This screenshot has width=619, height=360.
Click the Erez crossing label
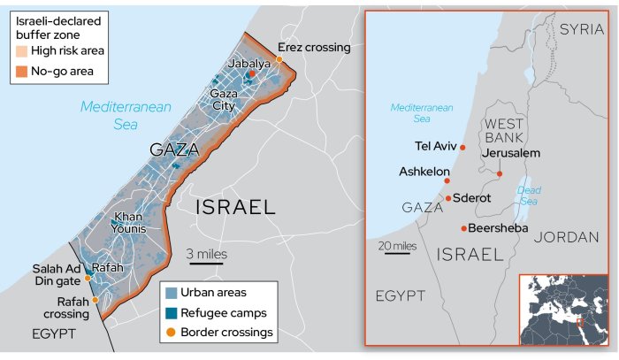coord(314,47)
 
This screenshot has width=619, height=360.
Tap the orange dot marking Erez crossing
coord(279,59)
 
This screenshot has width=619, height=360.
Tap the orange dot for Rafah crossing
coord(95,300)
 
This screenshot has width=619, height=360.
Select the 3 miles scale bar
coord(206,262)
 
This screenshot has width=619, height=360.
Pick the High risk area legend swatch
coord(23,52)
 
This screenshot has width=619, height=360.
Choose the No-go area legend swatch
coord(23,71)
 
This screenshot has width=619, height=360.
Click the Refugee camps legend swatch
coord(171,312)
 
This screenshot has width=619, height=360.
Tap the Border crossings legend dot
coord(171,333)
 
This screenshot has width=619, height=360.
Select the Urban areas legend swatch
coord(171,292)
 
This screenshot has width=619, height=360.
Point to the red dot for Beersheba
coord(463,228)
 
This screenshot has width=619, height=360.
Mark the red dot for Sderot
coord(448,198)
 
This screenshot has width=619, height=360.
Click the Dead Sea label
coord(529,195)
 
